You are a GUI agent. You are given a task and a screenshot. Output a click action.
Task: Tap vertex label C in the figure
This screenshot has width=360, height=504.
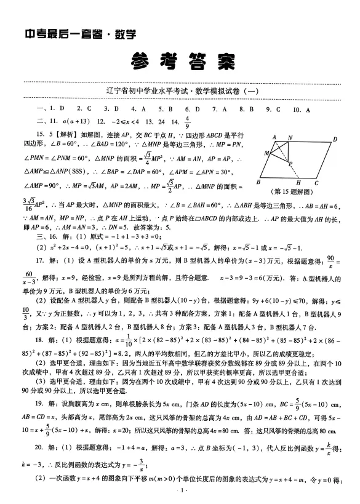click(x=316, y=183)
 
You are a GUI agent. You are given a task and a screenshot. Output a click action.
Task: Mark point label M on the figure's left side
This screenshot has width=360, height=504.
click(x=266, y=152)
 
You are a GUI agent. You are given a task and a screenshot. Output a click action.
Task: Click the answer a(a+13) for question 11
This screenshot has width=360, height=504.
click(x=78, y=121)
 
